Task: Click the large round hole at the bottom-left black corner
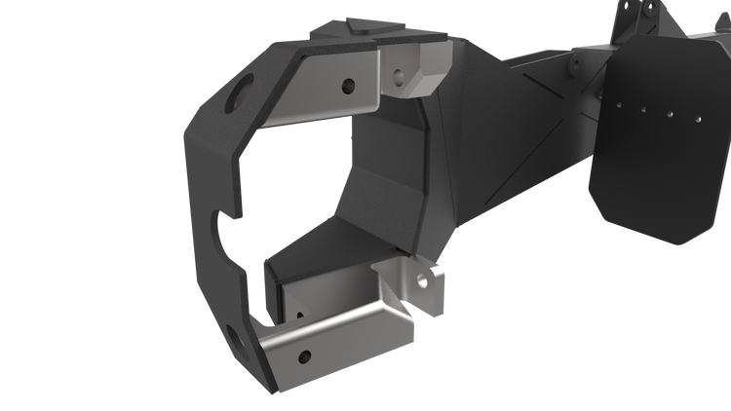pos(237,340)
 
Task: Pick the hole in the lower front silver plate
pos(305,355)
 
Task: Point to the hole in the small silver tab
pos(423,282)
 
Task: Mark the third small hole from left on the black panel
pos(669,113)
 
